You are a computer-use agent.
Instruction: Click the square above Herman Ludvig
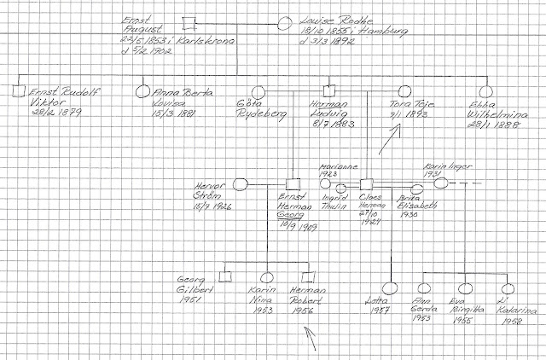pyautogui.click(x=331, y=90)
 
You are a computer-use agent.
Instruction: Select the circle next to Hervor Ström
pyautogui.click(x=241, y=183)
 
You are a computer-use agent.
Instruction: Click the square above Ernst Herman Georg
pyautogui.click(x=293, y=183)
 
